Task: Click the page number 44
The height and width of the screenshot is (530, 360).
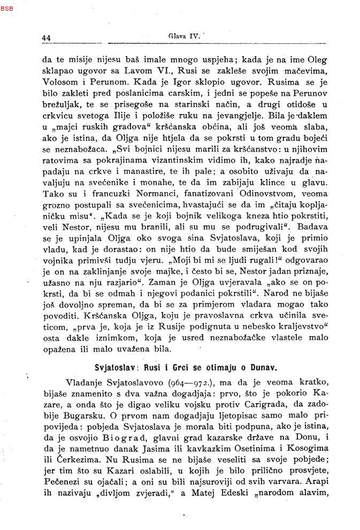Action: click(x=46, y=38)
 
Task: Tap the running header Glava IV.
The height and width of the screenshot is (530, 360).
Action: click(x=183, y=37)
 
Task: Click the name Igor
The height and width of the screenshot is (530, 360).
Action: click(x=159, y=83)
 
